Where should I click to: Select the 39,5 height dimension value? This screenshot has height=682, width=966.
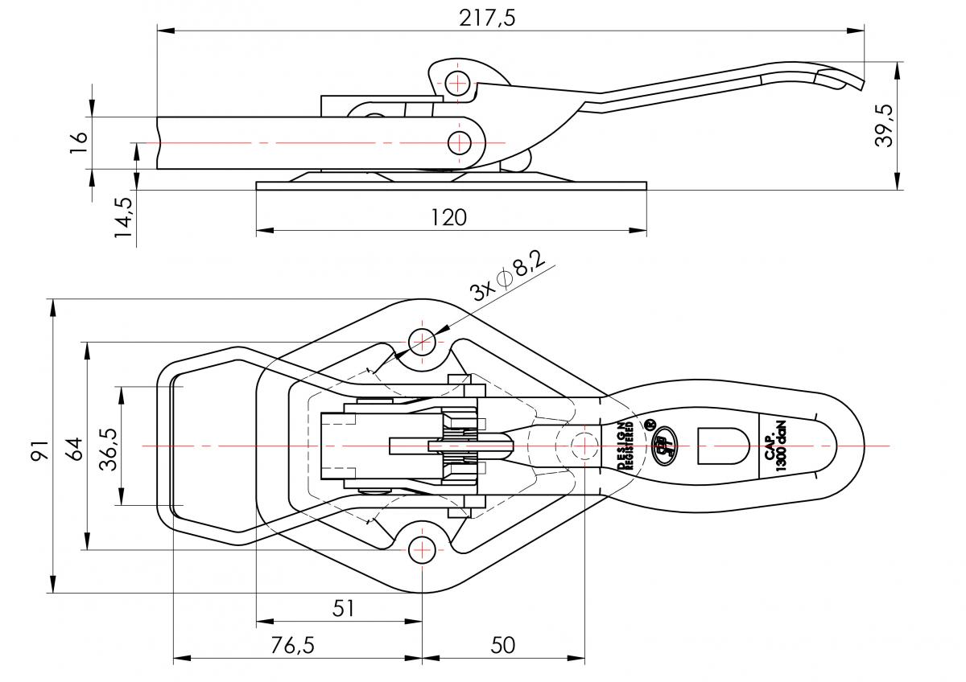(x=885, y=125)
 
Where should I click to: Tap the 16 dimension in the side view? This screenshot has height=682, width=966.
(x=78, y=142)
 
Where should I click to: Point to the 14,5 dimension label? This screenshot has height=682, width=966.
(x=123, y=217)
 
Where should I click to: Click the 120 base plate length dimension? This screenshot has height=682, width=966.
(x=449, y=217)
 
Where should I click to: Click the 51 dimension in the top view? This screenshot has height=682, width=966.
(x=344, y=609)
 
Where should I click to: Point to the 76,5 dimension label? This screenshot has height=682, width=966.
(x=291, y=645)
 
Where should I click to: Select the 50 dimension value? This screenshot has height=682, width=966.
(x=502, y=645)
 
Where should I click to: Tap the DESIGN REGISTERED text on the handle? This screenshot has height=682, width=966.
(x=625, y=445)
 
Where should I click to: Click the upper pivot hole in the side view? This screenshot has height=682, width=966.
(x=458, y=82)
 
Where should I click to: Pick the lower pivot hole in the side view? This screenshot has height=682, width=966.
(x=460, y=143)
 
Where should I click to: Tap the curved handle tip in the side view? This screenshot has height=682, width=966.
(x=841, y=76)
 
